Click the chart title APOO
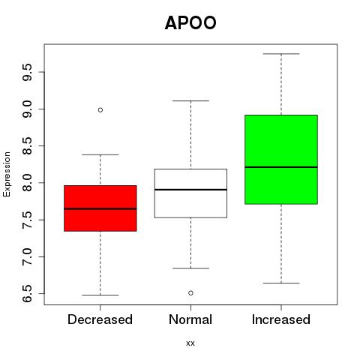point(190,22)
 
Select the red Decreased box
point(100,208)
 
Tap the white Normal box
point(190,193)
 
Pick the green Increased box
point(281,160)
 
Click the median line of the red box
point(100,208)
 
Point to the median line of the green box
point(281,167)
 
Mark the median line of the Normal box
point(190,190)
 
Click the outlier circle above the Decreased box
point(100,110)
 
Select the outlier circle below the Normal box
point(190,293)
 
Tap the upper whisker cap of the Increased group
point(281,54)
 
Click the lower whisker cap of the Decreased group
point(100,295)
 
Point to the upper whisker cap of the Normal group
point(190,100)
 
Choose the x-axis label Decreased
point(100,319)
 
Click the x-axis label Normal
point(190,319)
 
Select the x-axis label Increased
point(281,319)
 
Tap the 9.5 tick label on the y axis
point(27,72)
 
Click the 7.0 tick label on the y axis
point(27,256)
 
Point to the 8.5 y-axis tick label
point(27,145)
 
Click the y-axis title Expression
point(7,174)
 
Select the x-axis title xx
point(190,343)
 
